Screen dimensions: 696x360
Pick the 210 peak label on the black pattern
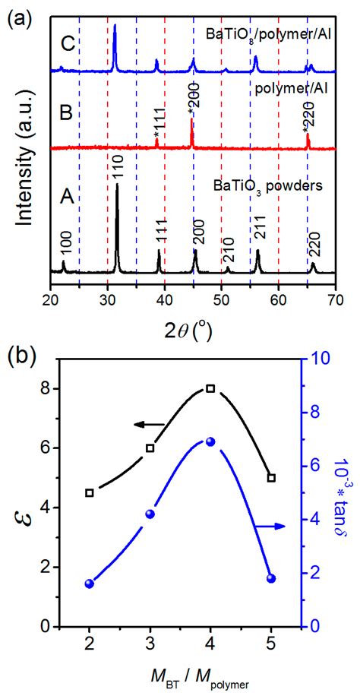click(229, 252)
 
